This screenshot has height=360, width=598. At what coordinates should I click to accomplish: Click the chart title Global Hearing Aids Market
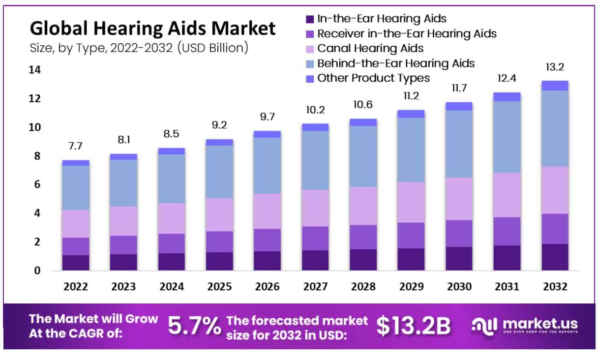[153, 29]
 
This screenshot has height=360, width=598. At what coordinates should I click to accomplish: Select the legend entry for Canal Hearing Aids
[370, 48]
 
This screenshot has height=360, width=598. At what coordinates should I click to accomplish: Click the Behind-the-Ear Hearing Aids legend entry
[395, 63]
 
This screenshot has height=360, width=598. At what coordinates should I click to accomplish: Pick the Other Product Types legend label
[373, 78]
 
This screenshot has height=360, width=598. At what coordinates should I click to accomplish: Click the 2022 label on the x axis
[76, 287]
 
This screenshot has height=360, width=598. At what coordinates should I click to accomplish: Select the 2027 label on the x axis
[315, 287]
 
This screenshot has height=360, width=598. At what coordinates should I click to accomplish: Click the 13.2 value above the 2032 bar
[555, 67]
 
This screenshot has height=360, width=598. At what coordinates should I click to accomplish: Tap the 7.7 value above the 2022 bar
[76, 147]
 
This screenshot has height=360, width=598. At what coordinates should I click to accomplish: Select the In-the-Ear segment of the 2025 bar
[219, 261]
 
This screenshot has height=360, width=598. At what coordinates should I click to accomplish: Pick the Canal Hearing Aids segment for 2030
[459, 199]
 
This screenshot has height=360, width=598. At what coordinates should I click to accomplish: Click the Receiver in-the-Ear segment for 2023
[123, 245]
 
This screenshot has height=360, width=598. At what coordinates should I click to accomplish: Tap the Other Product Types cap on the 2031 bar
[507, 97]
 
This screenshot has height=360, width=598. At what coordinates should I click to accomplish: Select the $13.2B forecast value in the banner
[414, 326]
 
